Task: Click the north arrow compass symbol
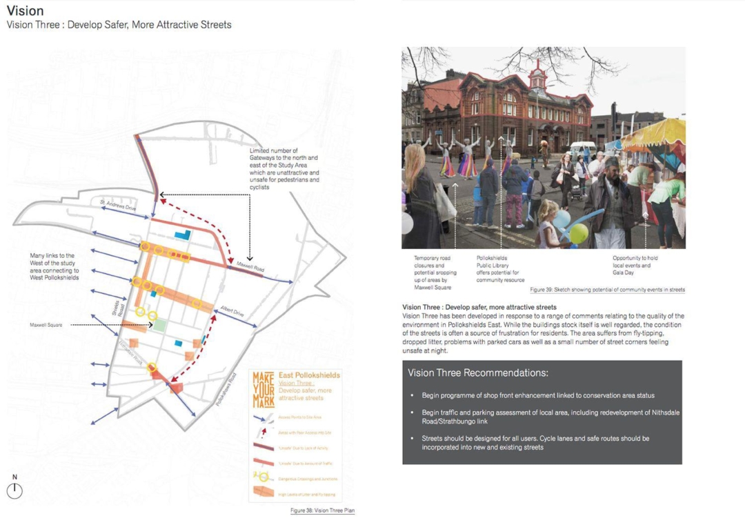point(14,490)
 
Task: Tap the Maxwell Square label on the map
point(46,324)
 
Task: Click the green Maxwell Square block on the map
point(160,325)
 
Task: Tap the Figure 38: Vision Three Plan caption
point(323,511)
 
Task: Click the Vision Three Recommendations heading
point(478,373)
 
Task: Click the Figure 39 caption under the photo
point(607,290)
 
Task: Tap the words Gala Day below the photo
point(624,272)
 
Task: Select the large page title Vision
point(26,11)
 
